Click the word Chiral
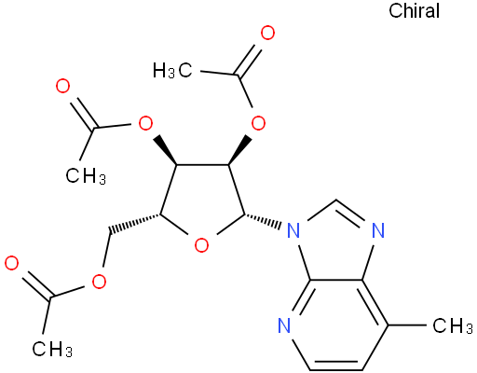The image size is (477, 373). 414,11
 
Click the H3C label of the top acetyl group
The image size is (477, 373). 172,71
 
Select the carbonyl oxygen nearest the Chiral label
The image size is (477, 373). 267,34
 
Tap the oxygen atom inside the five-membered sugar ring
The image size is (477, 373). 201,245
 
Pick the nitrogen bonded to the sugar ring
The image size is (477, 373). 293,230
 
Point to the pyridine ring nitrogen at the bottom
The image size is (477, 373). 284,325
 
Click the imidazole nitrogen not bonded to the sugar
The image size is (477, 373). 378,230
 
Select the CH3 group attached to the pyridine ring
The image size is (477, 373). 453,326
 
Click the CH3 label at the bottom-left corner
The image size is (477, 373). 52,349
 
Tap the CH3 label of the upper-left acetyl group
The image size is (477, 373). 86,176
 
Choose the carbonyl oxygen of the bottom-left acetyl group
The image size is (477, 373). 12,264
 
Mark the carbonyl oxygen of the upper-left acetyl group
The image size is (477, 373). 62,86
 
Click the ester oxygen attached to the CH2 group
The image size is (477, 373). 99,282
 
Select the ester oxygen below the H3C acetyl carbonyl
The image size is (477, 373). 258,123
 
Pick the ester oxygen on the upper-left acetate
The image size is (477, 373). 145,123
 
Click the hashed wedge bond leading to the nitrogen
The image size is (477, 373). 264,221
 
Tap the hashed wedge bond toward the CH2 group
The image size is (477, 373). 134,223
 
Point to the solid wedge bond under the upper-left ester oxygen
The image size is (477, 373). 166,150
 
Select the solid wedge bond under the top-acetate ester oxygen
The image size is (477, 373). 240,150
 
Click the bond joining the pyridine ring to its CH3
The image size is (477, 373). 407,325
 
